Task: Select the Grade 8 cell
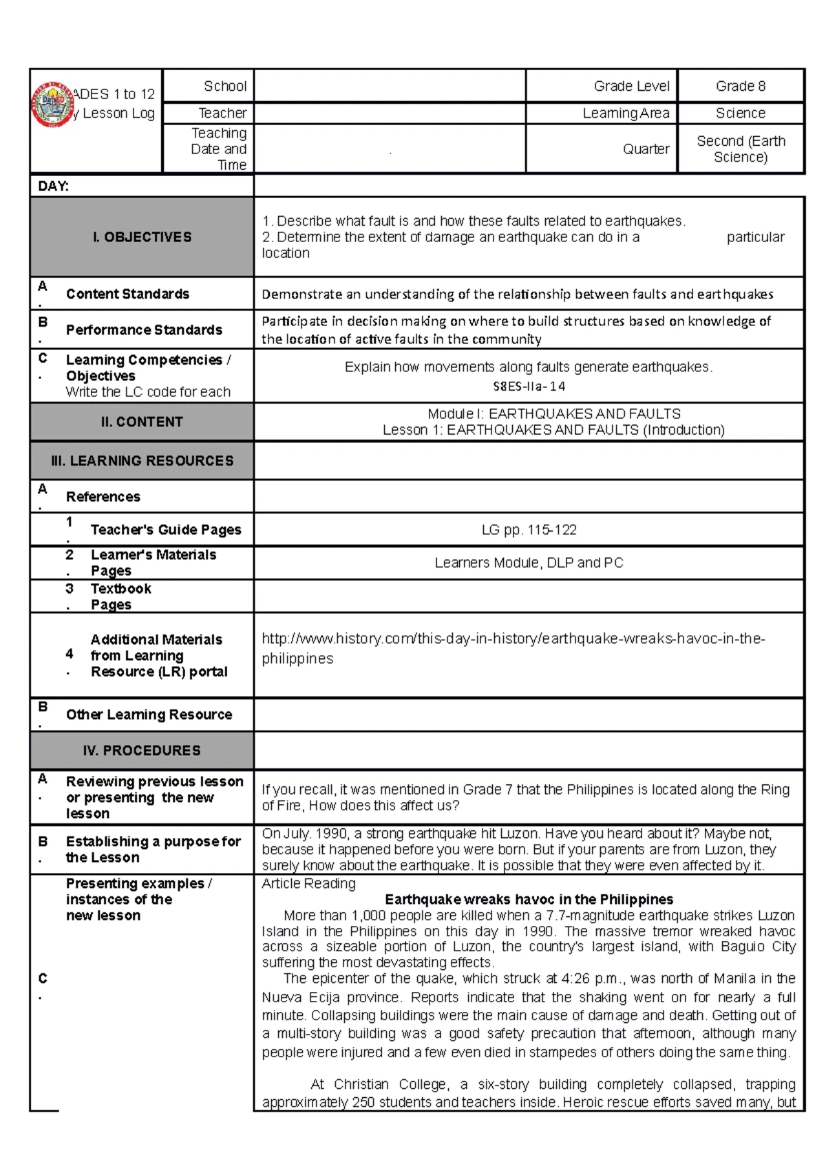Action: click(740, 86)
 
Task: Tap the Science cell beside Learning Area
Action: click(740, 113)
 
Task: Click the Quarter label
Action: click(646, 149)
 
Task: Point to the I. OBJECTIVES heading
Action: click(142, 237)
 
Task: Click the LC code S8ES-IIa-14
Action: click(529, 386)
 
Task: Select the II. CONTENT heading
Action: click(142, 422)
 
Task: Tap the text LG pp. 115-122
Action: click(529, 530)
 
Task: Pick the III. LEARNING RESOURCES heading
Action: click(142, 460)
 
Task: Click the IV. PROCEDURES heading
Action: click(142, 750)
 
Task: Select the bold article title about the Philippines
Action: click(529, 899)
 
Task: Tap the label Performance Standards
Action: click(144, 329)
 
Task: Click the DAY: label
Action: click(53, 186)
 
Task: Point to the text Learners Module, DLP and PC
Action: click(529, 563)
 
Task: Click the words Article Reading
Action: click(308, 883)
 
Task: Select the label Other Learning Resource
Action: click(149, 714)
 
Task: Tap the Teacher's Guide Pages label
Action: click(166, 530)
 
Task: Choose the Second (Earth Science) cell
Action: click(740, 149)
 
